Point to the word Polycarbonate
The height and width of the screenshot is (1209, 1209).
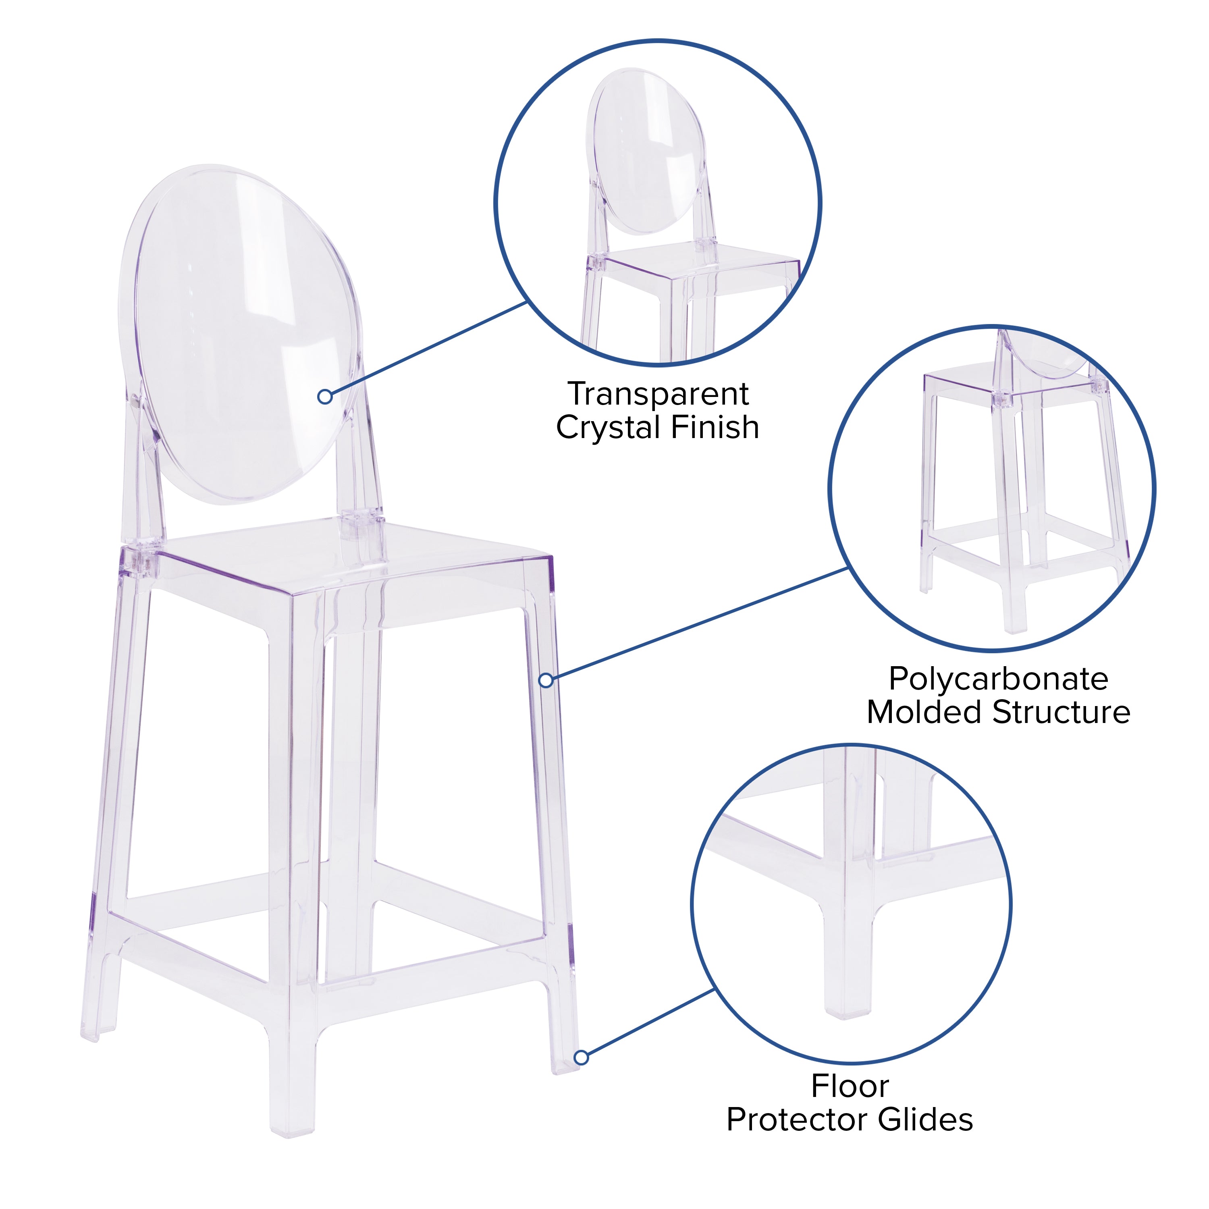(998, 679)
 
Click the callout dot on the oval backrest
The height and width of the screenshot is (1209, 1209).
(325, 396)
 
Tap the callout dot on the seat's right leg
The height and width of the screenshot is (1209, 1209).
(546, 680)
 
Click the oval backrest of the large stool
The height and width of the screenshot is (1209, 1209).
(241, 332)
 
